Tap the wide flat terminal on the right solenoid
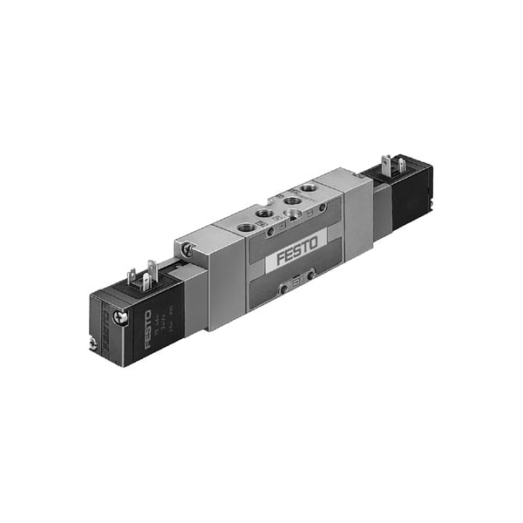point(402,166)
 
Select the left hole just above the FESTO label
point(270,231)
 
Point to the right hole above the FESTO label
point(323,207)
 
